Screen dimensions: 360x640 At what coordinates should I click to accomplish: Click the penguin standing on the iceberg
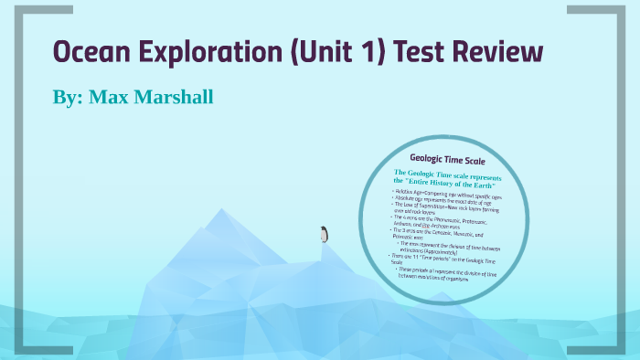point(323,235)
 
